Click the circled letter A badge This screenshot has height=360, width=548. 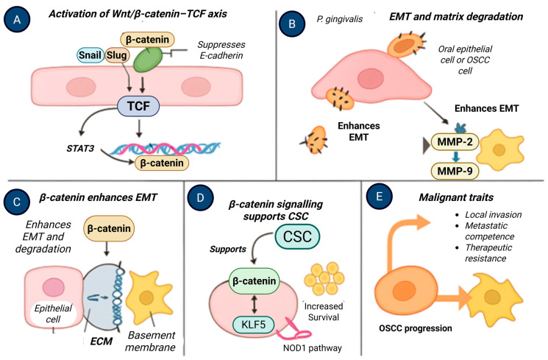17,19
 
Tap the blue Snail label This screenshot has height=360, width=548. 90,55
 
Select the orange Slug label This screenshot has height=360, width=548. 117,55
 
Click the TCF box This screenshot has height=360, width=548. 138,106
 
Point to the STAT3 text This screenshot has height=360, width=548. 80,149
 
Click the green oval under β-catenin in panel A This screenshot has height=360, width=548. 148,60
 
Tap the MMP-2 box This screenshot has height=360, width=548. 455,141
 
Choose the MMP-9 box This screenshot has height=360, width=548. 455,171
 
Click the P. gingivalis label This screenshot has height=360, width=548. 339,19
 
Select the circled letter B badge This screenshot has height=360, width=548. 292,24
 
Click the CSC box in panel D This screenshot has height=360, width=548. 297,236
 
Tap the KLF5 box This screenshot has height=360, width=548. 254,325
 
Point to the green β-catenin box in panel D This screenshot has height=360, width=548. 254,281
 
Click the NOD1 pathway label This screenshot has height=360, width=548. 312,347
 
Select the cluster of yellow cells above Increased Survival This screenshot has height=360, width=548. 324,279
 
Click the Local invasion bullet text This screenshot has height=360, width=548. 493,214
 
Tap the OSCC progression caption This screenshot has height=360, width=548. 415,328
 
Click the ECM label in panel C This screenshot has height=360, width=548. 102,341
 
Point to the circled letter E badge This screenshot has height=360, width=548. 380,197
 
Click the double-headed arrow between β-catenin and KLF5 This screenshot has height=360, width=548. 254,304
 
